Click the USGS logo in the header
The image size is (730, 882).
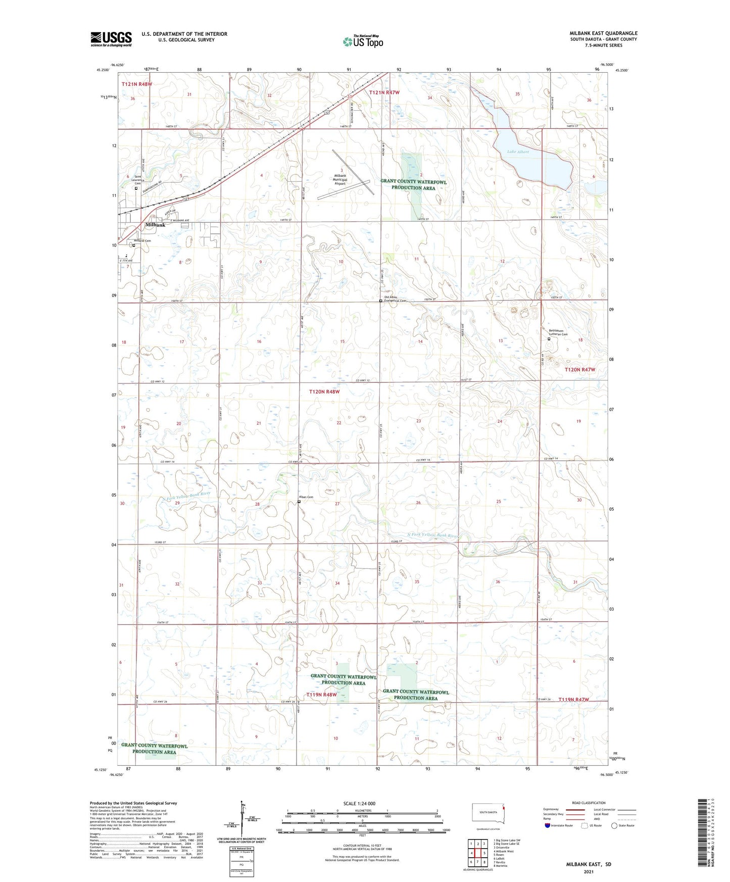coord(111,38)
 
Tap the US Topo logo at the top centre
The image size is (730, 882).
coord(362,41)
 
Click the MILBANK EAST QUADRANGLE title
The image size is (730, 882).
coord(603,33)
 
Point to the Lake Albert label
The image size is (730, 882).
coord(518,152)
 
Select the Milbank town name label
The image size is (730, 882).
coord(155,225)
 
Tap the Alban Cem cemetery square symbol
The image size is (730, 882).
coord(299,502)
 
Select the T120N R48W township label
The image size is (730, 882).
coord(324,391)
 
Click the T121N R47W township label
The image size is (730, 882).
coord(384,92)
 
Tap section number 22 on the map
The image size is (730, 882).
coord(339,423)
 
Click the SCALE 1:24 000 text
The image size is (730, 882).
coord(359,804)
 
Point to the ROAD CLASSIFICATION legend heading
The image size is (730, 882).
coord(589,803)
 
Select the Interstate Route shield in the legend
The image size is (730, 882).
coord(548,825)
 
